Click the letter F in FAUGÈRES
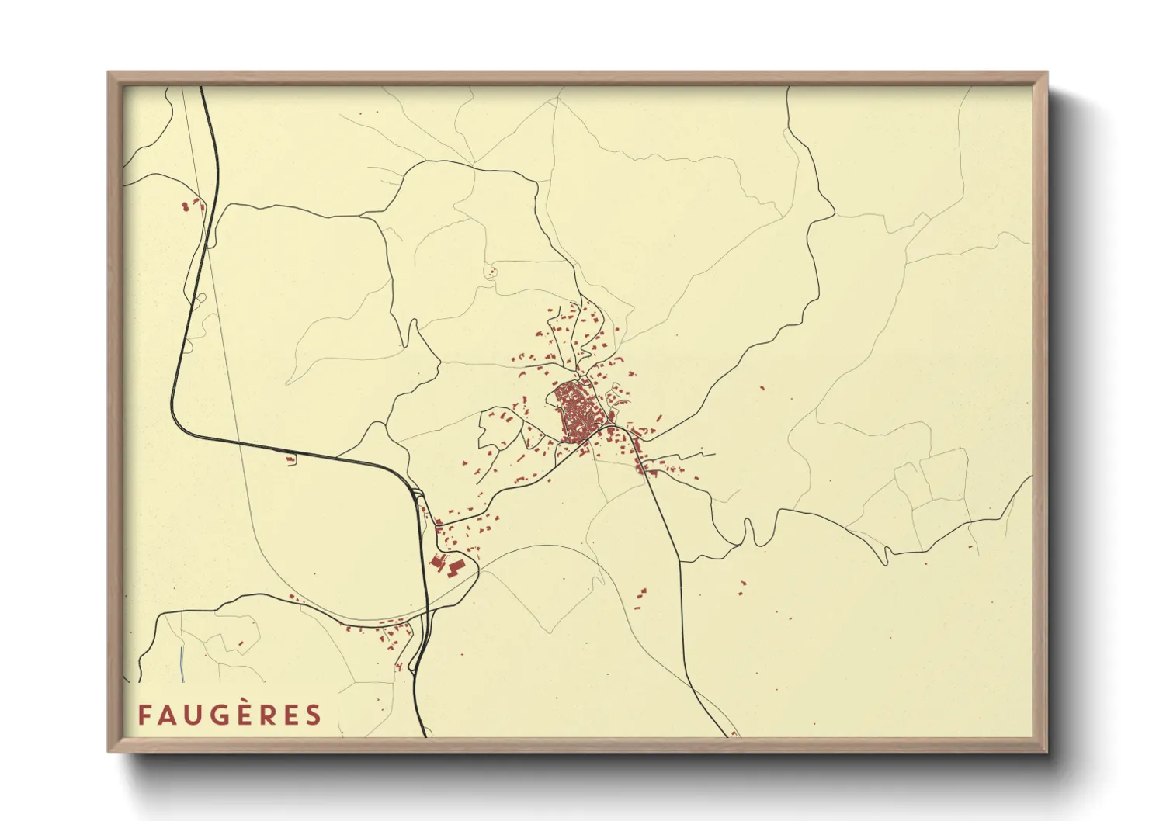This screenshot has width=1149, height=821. pyautogui.click(x=144, y=715)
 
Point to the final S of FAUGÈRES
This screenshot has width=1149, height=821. pyautogui.click(x=313, y=715)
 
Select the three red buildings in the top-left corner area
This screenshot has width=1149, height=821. pyautogui.click(x=189, y=206)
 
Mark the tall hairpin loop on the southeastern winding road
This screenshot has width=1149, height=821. pyautogui.click(x=749, y=531)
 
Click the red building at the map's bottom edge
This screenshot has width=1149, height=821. pyautogui.click(x=734, y=733)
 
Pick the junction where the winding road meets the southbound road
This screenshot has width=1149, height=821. pyautogui.click(x=680, y=561)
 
